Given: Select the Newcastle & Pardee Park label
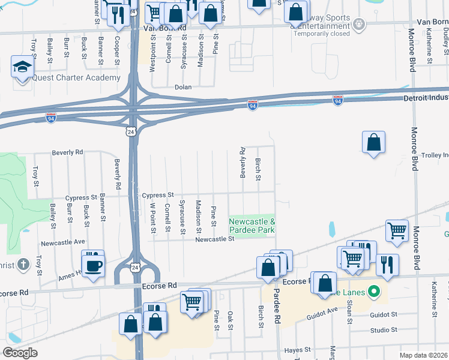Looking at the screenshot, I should pos(252,226).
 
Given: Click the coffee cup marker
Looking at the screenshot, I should pos(93,266).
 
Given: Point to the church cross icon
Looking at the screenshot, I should pos(23,264).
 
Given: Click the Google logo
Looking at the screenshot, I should pos(20,353).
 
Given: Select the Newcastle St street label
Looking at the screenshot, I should pos(214,239).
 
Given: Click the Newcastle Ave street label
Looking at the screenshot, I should pos(63,243).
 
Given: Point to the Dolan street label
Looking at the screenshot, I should pos(182,87).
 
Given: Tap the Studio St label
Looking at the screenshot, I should pos(384,330).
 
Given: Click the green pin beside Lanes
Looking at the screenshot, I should pos(375,293).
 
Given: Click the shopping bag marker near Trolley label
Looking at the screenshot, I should pos(373,143).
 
